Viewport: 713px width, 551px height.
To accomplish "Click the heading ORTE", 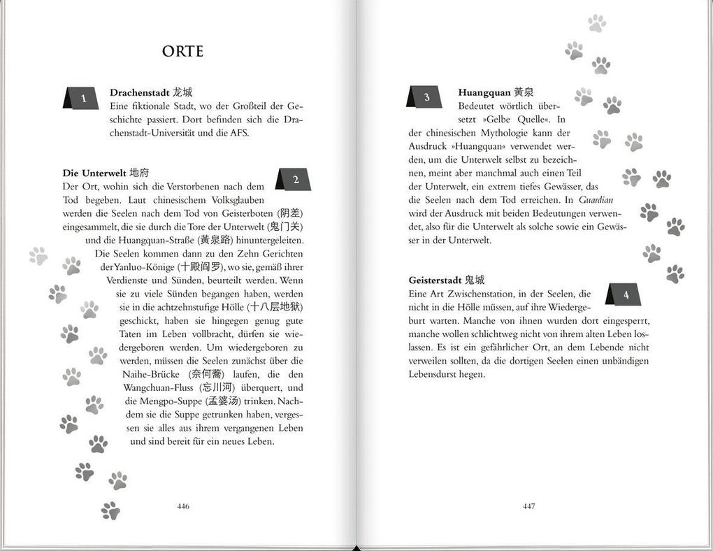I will pyautogui.click(x=182, y=52).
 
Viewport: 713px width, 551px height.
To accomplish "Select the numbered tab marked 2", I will pyautogui.click(x=295, y=180).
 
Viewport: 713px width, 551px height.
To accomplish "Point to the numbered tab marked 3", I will pyautogui.click(x=426, y=97).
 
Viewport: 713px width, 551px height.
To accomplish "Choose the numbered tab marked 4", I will pyautogui.click(x=625, y=295).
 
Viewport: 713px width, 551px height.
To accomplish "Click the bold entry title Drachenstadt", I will pyautogui.click(x=140, y=92).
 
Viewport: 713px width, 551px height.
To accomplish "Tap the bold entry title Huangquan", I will pyautogui.click(x=484, y=92).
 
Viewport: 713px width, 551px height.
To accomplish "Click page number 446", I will pyautogui.click(x=184, y=506).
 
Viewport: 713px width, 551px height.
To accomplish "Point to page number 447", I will pyautogui.click(x=529, y=506).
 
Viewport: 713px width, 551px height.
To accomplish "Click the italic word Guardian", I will pyautogui.click(x=596, y=199).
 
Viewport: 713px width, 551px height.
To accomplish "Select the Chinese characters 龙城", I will pyautogui.click(x=182, y=92).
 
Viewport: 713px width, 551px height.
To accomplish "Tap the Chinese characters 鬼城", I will pyautogui.click(x=475, y=280).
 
